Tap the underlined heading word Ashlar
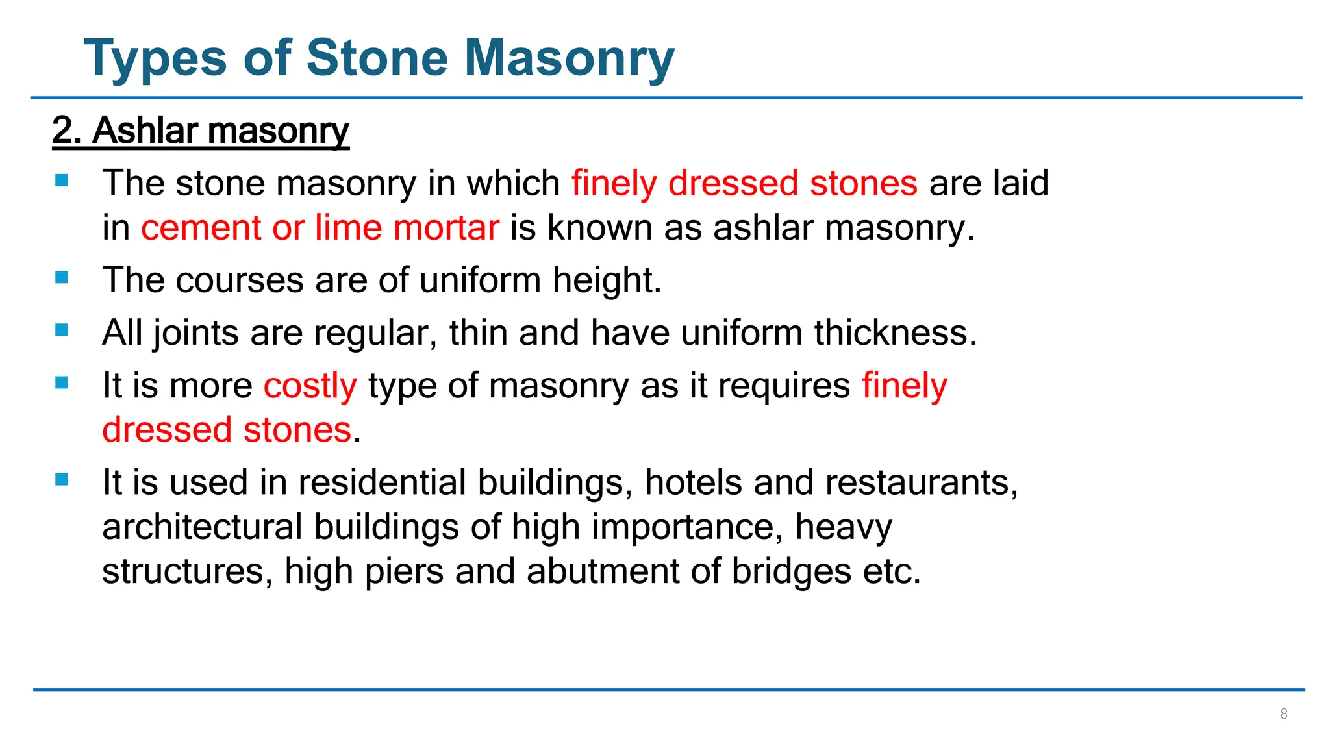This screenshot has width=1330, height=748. pos(145,131)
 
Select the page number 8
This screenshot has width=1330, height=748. pos(1283,714)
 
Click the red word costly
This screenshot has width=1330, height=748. pos(310,386)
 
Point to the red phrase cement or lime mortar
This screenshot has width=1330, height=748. pos(320,228)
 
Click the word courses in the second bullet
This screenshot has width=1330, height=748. pos(239,280)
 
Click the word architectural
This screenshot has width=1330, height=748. pos(202,527)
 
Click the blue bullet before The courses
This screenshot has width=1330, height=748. pos(62,278)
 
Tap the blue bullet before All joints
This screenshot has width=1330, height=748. pos(62,330)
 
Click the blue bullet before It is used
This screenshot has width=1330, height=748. pos(62,480)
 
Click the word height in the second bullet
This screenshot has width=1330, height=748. pos(606,280)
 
